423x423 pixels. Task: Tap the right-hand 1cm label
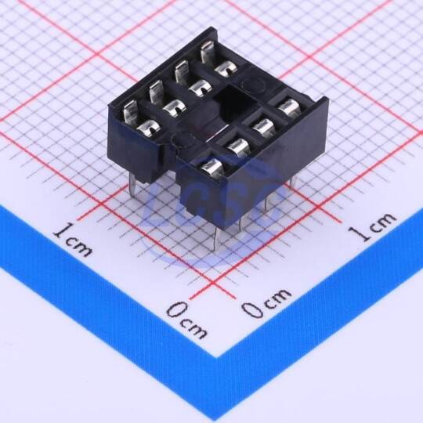[372, 226]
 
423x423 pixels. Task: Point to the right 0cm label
[266, 303]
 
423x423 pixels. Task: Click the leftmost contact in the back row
[139, 118]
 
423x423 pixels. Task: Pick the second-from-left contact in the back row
[165, 99]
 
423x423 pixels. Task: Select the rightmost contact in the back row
[218, 60]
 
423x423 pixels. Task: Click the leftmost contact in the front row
[212, 168]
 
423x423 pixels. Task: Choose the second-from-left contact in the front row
[238, 147]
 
